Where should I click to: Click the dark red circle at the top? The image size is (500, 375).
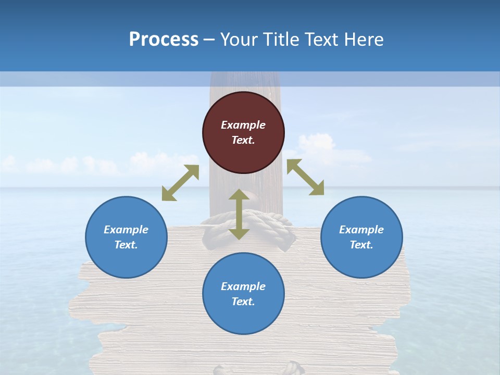pyautogui.click(x=243, y=132)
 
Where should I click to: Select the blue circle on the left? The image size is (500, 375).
pyautogui.click(x=126, y=237)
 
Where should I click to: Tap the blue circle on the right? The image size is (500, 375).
pyautogui.click(x=361, y=237)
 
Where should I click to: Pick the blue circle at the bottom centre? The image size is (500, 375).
pyautogui.click(x=243, y=294)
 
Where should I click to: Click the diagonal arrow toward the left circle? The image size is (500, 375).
pyautogui.click(x=180, y=183)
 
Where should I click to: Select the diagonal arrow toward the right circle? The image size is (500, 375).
pyautogui.click(x=305, y=177)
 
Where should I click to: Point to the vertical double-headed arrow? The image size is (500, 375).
pyautogui.click(x=239, y=214)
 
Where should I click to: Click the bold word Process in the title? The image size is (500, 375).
pyautogui.click(x=164, y=39)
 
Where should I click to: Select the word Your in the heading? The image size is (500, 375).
pyautogui.click(x=237, y=39)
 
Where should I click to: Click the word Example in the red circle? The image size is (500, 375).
pyautogui.click(x=243, y=125)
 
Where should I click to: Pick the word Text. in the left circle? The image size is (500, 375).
pyautogui.click(x=126, y=245)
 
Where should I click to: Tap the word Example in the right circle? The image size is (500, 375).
pyautogui.click(x=361, y=230)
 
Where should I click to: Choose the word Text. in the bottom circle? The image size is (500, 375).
pyautogui.click(x=243, y=302)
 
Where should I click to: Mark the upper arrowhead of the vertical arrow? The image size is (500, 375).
pyautogui.click(x=239, y=195)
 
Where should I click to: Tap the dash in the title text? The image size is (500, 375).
pyautogui.click(x=209, y=39)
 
